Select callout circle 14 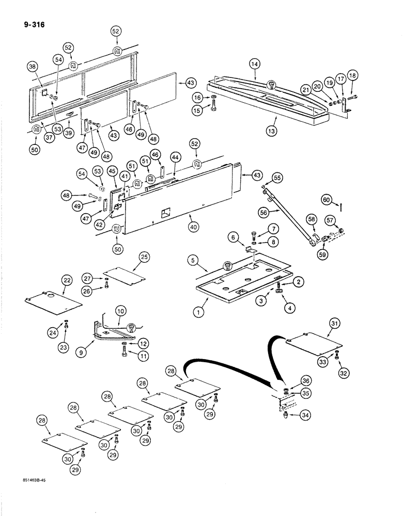[255, 66]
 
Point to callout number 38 [33, 66]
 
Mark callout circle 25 [144, 256]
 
